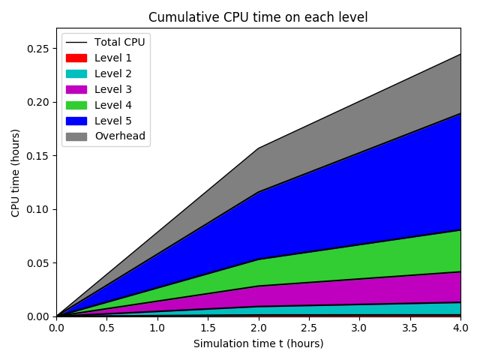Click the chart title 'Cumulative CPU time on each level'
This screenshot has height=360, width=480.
(x=258, y=17)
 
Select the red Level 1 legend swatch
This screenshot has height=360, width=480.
(x=76, y=58)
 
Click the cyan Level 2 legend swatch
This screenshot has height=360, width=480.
(x=76, y=73)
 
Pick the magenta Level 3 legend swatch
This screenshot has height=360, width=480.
(x=76, y=89)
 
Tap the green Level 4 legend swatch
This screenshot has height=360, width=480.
(x=76, y=105)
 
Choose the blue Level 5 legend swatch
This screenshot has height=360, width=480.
(x=76, y=121)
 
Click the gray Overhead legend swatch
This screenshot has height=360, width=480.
(x=76, y=136)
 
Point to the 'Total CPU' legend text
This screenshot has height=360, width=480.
(x=119, y=42)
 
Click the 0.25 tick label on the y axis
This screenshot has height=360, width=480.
(x=38, y=49)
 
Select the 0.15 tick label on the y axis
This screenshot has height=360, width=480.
(x=38, y=156)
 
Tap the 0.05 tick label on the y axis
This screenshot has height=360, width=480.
(x=38, y=263)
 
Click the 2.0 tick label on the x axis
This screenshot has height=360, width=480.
(x=259, y=328)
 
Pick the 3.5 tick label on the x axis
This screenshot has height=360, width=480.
(x=410, y=328)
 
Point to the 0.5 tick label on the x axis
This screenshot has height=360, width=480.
(x=106, y=328)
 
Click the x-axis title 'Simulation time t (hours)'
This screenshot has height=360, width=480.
(x=258, y=343)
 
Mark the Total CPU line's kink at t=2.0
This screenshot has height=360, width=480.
(x=259, y=148)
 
